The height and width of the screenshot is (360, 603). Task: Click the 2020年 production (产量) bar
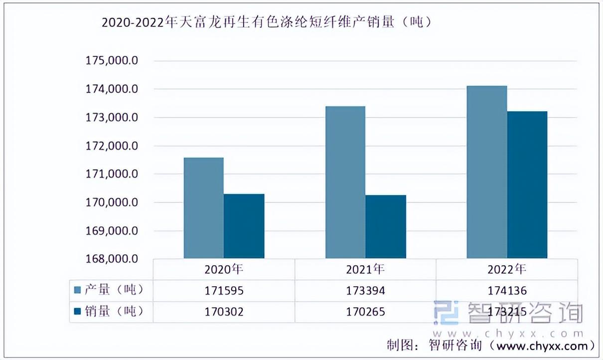203,208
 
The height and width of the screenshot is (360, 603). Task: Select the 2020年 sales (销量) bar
244,226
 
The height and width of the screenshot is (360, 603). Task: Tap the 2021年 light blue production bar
345,182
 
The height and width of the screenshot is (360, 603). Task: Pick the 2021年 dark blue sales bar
386,227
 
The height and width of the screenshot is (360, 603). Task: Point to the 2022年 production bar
487,172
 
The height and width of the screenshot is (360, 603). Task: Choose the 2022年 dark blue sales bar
527,184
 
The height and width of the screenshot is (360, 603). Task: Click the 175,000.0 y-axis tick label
112,61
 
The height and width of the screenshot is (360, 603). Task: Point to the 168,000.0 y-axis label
112,259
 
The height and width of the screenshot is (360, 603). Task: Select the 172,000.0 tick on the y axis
112,146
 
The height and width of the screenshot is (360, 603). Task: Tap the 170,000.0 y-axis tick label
112,202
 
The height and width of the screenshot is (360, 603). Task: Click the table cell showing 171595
224,291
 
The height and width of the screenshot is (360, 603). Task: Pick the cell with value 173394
365,291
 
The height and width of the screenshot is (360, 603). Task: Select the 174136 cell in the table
507,291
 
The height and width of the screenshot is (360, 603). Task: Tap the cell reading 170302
224,312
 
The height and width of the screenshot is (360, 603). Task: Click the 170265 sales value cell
365,312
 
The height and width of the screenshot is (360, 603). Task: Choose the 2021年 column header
365,270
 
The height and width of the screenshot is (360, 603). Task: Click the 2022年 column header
507,270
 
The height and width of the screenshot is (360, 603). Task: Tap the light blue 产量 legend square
78,290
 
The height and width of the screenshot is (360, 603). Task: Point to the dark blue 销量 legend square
78,311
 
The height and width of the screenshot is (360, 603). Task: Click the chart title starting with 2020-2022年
267,22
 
